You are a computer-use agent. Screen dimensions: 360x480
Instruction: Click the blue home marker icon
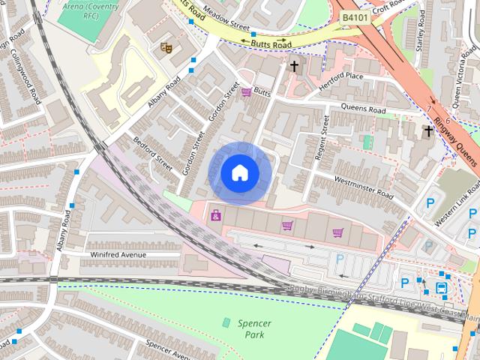point(238,172)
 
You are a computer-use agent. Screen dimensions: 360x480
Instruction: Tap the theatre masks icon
point(166,48)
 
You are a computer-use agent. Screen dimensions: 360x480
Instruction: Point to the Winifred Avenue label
point(119,255)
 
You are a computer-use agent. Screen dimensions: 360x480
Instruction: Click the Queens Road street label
point(363,109)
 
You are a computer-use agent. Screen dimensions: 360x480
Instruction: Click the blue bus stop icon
point(441,287)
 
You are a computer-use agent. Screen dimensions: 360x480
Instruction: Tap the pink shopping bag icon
point(216,216)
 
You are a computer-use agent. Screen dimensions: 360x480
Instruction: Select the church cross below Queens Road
point(428,131)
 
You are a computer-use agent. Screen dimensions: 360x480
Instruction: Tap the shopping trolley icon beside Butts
point(246,93)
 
